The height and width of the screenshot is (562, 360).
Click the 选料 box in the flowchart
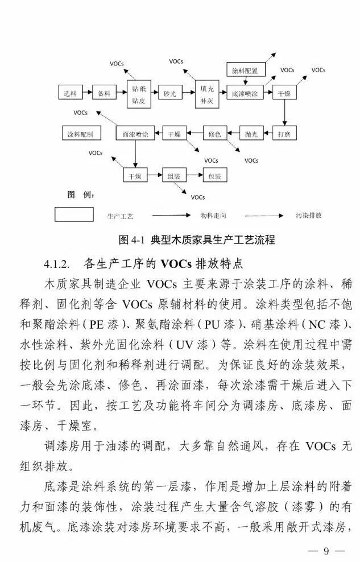71,93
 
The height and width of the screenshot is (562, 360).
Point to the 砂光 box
171,93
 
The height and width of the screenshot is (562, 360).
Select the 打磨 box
284,134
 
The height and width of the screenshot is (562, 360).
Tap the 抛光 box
251,134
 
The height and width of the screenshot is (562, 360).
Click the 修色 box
214,134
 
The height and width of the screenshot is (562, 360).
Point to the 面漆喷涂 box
135,134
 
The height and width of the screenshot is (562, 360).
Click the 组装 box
174,176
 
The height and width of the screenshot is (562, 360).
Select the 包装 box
214,176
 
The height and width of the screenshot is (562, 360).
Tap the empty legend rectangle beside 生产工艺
74,214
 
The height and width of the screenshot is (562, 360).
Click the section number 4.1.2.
56,264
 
